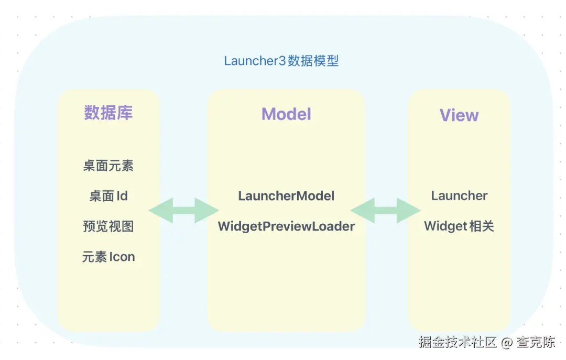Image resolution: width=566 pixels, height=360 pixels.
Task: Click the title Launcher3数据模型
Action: (x=281, y=61)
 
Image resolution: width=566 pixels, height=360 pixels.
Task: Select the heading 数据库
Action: (x=108, y=113)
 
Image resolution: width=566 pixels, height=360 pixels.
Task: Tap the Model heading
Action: (x=286, y=114)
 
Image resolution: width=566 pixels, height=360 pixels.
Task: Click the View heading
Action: (x=459, y=115)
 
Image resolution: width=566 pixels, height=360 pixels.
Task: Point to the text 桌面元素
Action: (x=108, y=166)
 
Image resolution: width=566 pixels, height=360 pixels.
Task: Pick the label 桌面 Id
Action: (x=108, y=196)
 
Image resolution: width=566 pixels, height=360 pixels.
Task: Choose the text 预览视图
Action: (x=108, y=226)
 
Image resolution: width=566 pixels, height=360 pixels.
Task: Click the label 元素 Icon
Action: (x=108, y=257)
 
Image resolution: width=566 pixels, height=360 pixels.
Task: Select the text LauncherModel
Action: (x=286, y=196)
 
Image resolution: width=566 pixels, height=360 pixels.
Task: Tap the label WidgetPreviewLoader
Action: (x=286, y=226)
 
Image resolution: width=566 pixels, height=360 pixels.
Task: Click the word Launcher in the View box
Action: (x=459, y=196)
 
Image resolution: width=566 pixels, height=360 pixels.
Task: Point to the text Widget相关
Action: (x=459, y=226)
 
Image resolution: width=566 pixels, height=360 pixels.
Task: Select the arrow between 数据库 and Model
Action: (x=183, y=211)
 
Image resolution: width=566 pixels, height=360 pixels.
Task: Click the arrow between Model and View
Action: (x=386, y=211)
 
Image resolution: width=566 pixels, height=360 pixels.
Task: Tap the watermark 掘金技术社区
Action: (x=457, y=342)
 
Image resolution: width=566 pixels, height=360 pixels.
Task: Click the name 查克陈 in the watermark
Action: (x=536, y=342)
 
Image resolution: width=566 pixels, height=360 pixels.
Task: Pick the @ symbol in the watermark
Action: (x=506, y=343)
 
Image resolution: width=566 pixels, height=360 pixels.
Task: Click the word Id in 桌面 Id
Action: (x=122, y=196)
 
